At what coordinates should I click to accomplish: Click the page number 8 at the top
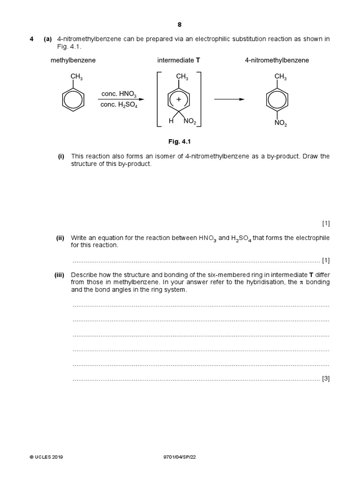click(x=180, y=25)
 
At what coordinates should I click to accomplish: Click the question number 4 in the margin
click(x=31, y=39)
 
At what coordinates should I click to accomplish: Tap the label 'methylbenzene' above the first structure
click(x=73, y=60)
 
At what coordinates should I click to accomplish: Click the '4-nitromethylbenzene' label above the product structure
click(x=277, y=60)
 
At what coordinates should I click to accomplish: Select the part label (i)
click(x=61, y=156)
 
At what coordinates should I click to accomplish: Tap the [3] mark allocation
click(x=326, y=379)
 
